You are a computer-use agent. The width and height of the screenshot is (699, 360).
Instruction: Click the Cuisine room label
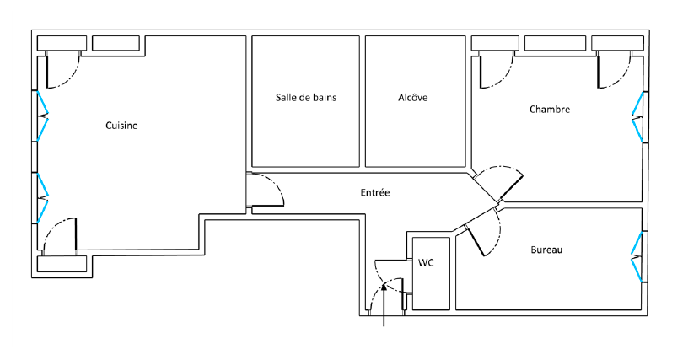tap(121, 126)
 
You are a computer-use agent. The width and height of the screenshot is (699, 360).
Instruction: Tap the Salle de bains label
tap(306, 97)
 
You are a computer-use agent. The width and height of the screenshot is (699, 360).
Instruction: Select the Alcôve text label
tap(413, 97)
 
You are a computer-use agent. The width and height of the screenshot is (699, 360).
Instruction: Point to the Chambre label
tap(550, 109)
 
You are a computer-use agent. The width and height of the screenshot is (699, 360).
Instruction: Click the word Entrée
tap(375, 192)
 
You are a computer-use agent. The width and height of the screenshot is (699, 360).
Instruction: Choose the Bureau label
tap(546, 250)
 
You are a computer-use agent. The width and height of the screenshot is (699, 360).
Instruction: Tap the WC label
tap(426, 262)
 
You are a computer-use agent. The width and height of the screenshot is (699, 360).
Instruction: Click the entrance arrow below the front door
tap(384, 306)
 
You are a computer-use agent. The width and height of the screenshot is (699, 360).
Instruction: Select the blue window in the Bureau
tap(637, 256)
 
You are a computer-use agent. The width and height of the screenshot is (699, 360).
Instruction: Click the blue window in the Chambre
tap(637, 117)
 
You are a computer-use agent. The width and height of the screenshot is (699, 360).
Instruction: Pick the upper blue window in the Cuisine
tap(43, 116)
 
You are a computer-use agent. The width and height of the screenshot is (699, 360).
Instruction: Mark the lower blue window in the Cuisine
tap(43, 197)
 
